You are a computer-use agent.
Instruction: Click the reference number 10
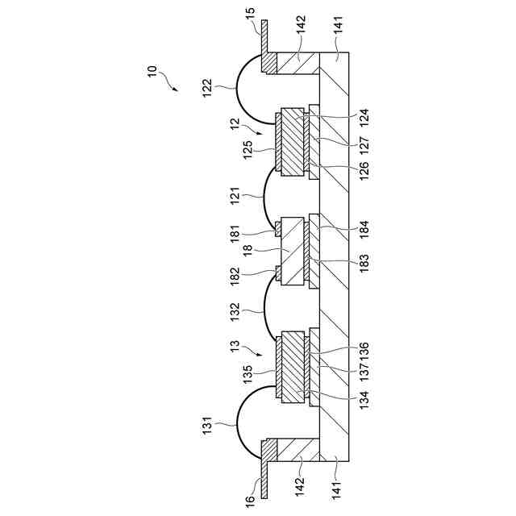[x=153, y=72]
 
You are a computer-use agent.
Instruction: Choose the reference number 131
[x=207, y=425]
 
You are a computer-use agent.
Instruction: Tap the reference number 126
[x=364, y=169]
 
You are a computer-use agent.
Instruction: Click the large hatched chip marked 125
[x=288, y=142]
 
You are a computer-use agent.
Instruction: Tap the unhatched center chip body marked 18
[x=292, y=252]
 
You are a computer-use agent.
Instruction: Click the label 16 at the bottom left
[x=249, y=501]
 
